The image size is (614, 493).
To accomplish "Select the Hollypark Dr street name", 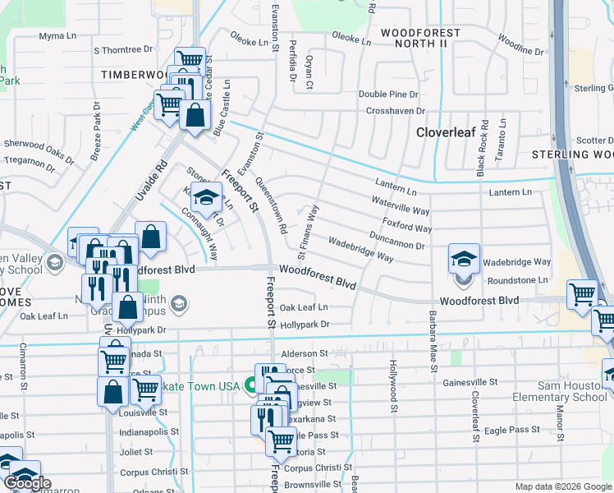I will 304,325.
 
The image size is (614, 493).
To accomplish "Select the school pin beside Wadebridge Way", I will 464,260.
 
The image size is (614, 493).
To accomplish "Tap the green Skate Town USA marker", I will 254,388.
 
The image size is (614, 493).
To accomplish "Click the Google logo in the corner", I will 27,483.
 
